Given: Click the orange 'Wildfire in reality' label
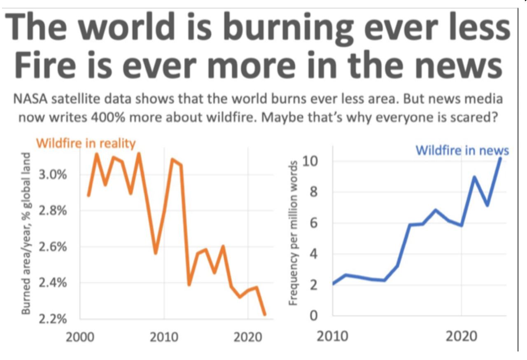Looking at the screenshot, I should tap(86, 144).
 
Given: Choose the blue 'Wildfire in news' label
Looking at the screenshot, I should tap(462, 150).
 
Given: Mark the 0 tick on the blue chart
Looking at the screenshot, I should tap(314, 316).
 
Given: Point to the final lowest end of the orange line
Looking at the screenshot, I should tap(265, 315).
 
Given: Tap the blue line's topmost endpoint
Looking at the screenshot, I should tap(500, 158).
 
